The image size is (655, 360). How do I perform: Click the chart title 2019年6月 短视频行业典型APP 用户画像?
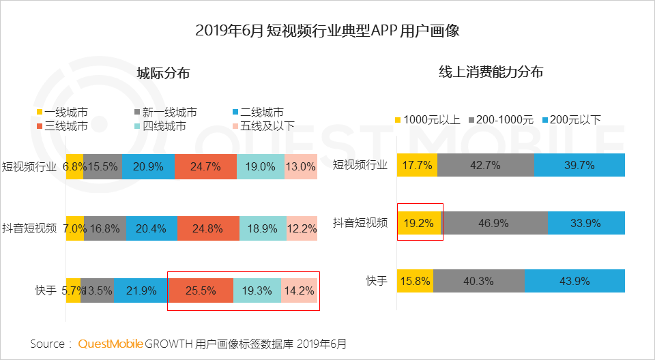(327, 31)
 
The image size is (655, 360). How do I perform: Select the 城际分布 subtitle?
(163, 74)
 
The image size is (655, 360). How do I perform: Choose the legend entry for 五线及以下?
(259, 125)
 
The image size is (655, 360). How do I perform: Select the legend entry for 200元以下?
(569, 119)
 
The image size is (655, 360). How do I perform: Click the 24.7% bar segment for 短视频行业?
(205, 166)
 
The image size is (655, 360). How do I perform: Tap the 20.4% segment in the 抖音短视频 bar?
(151, 228)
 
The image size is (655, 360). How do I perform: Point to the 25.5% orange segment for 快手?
(201, 290)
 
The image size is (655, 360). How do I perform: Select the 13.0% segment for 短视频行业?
(301, 166)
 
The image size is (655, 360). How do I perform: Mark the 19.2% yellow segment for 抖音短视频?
(419, 222)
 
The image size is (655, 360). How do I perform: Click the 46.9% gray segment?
(495, 222)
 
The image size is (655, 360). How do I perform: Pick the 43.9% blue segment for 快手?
(574, 281)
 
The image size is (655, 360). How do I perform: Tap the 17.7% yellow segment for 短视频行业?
(417, 165)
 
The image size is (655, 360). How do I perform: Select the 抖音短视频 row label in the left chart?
(29, 228)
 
